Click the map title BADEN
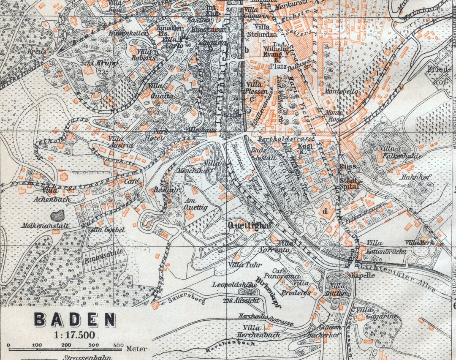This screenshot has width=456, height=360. (75, 320)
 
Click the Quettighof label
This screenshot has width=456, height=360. (249, 225)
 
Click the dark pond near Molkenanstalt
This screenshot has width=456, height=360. (58, 215)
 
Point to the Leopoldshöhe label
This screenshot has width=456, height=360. (235, 284)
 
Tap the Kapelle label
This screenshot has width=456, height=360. (363, 275)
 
